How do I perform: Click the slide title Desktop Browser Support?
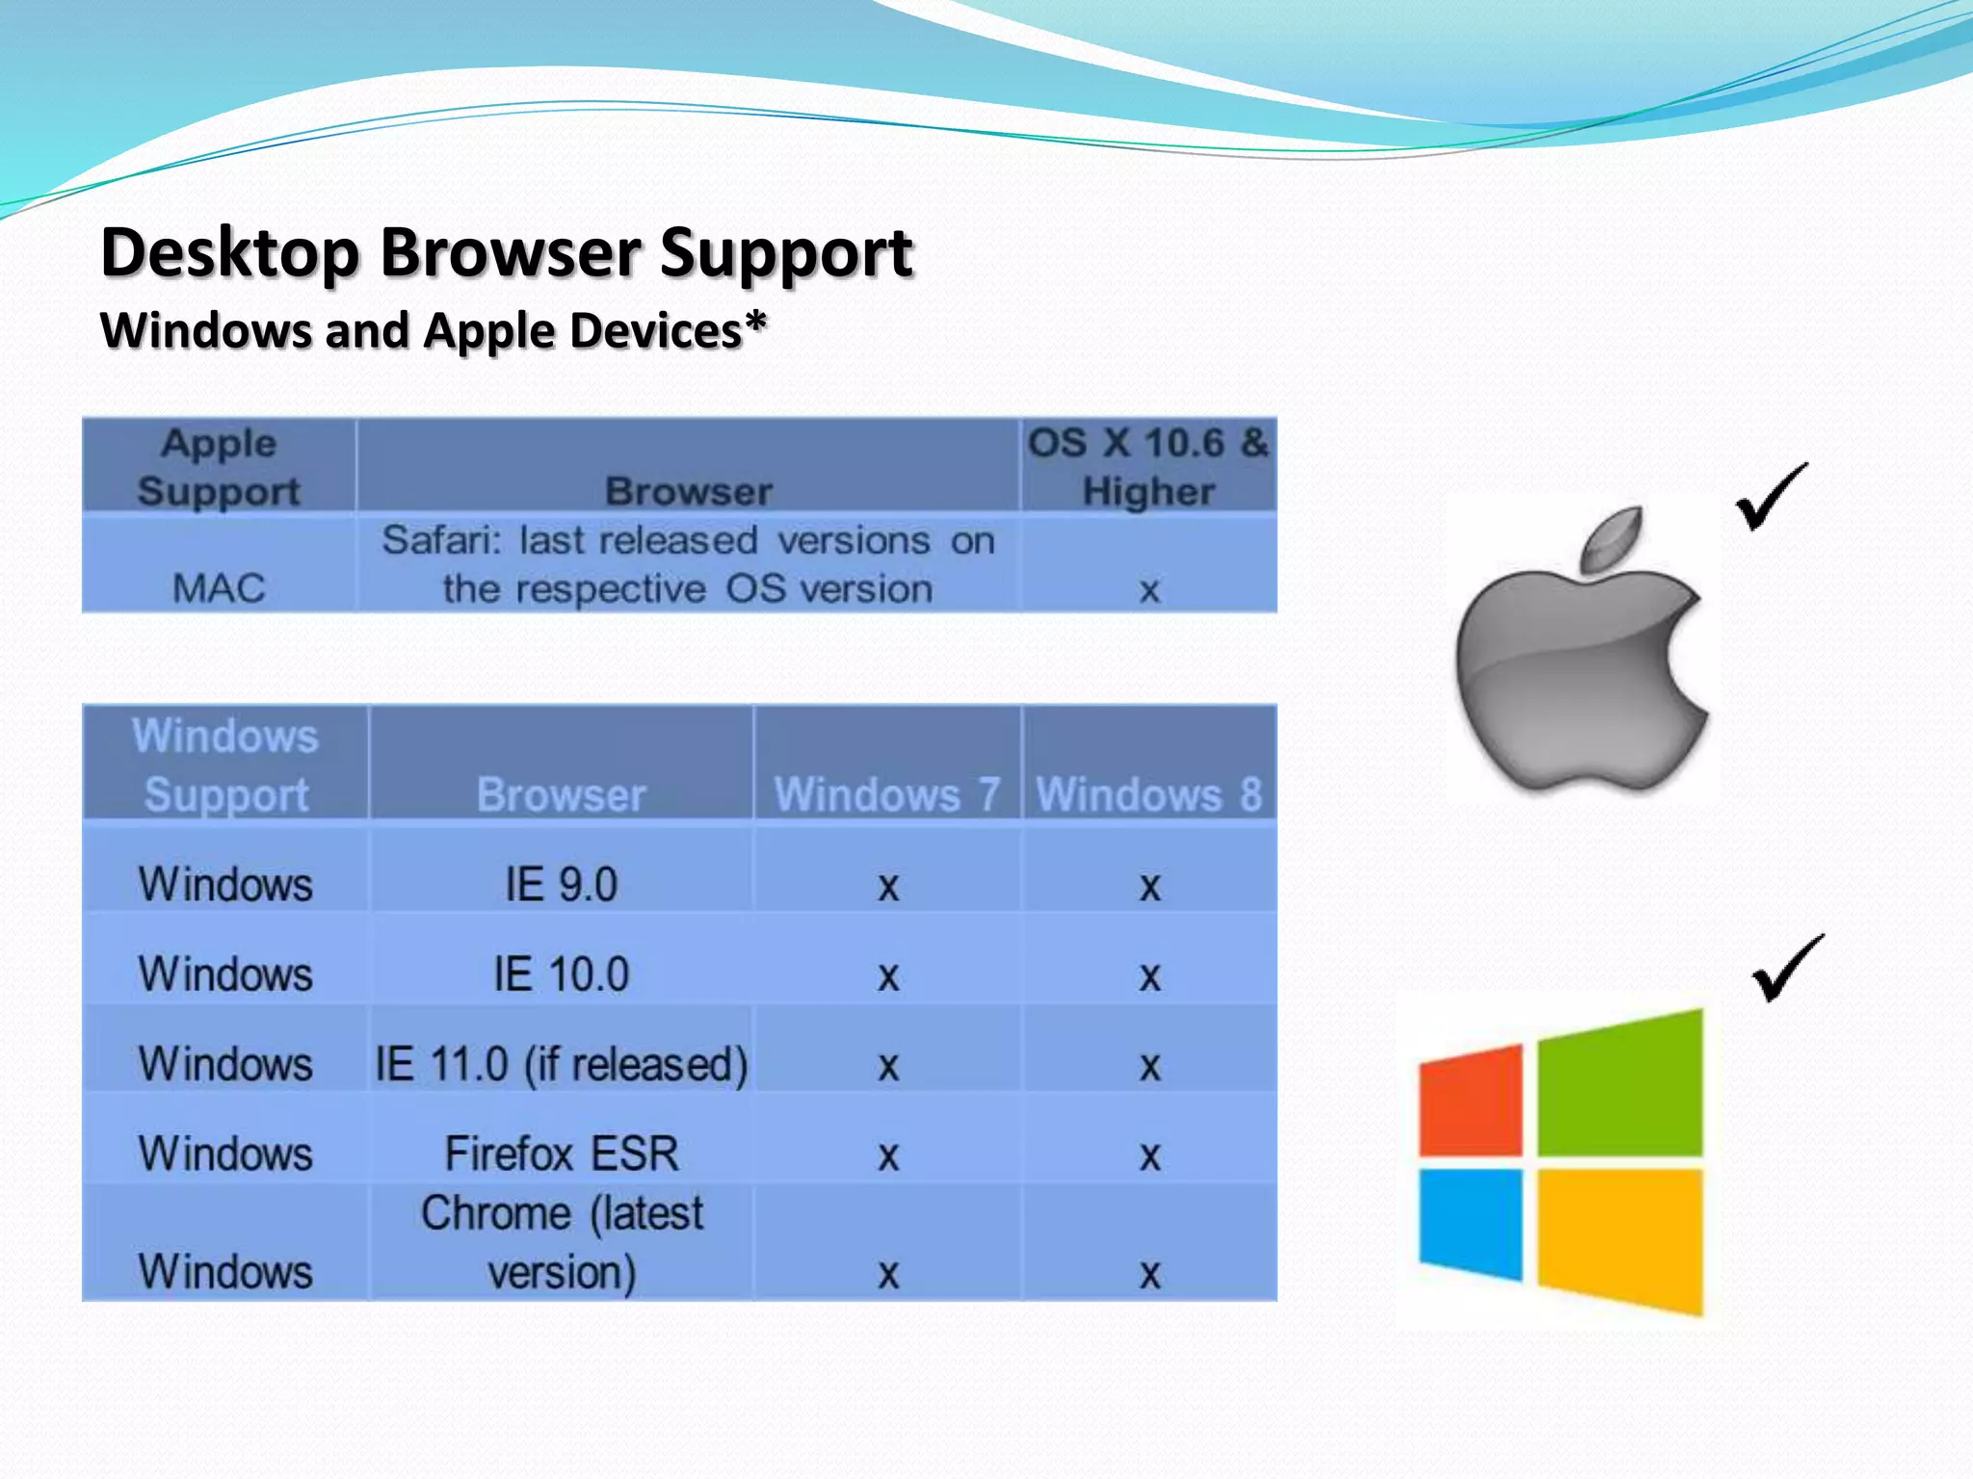pyautogui.click(x=507, y=252)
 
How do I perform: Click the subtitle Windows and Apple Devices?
pyautogui.click(x=434, y=330)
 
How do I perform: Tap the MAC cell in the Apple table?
pyautogui.click(x=219, y=587)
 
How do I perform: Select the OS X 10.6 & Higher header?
pyautogui.click(x=1148, y=467)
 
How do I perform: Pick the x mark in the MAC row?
pyautogui.click(x=1148, y=589)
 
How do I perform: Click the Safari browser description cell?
pyautogui.click(x=688, y=564)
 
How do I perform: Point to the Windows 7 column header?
pyautogui.click(x=886, y=794)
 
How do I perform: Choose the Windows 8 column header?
pyautogui.click(x=1148, y=794)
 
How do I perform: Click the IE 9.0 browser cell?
pyautogui.click(x=562, y=884)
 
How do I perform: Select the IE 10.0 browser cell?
pyautogui.click(x=562, y=973)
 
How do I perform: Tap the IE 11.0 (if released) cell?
pyautogui.click(x=562, y=1064)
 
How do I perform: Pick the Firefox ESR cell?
pyautogui.click(x=562, y=1154)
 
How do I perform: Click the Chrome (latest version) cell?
pyautogui.click(x=562, y=1242)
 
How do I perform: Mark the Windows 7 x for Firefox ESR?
pyautogui.click(x=888, y=1155)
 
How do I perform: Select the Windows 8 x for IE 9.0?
pyautogui.click(x=1149, y=886)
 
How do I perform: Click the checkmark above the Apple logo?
pyautogui.click(x=1771, y=497)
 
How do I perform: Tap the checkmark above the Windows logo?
pyautogui.click(x=1788, y=969)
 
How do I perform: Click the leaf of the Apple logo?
pyautogui.click(x=1613, y=539)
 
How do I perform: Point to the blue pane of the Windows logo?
pyautogui.click(x=1471, y=1223)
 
